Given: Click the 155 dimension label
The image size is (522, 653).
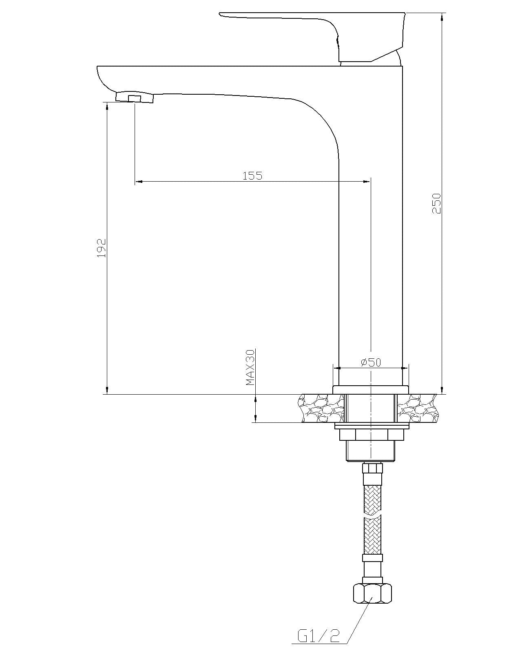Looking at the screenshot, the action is [252, 175].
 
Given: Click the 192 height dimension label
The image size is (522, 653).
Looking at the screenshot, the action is [102, 248].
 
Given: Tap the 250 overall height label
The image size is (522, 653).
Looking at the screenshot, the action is [436, 203].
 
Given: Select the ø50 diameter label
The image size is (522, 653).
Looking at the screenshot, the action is [371, 362].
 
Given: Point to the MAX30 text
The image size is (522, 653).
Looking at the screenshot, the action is [250, 367].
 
